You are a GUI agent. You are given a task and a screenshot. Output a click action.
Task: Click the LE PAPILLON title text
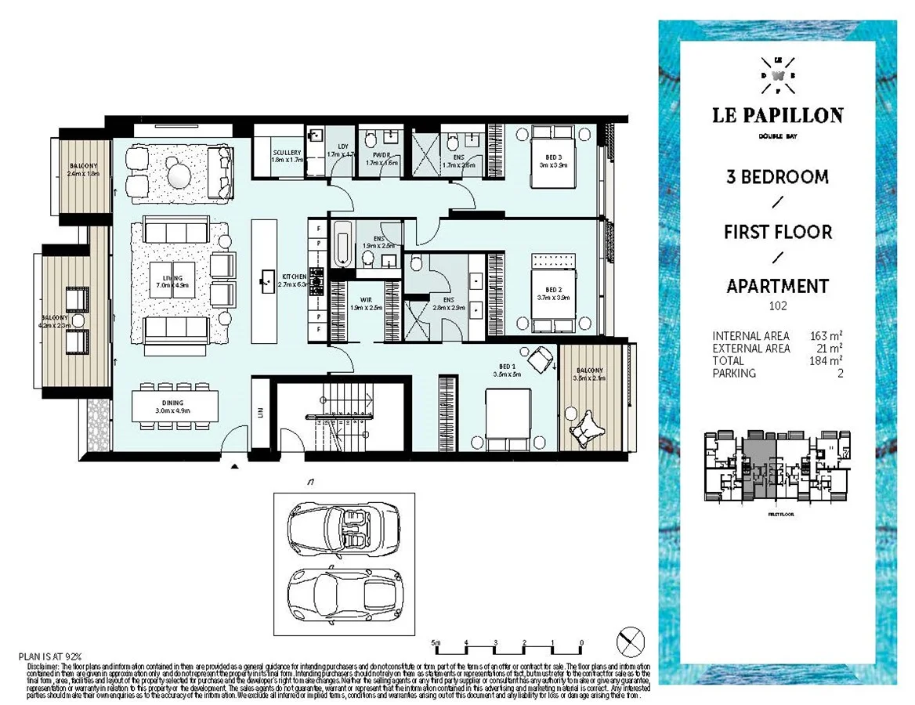(x=777, y=116)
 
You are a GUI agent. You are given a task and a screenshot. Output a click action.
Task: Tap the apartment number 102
(x=776, y=306)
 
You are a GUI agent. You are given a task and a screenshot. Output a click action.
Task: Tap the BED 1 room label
(x=508, y=371)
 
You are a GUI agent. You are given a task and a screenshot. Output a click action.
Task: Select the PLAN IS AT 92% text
(x=50, y=656)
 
